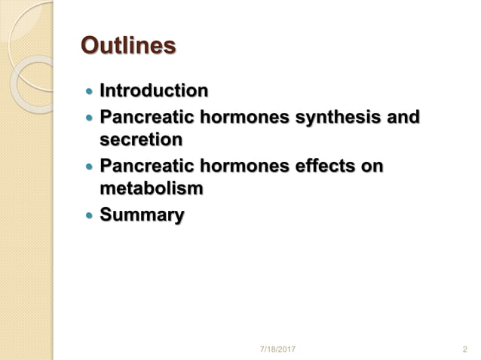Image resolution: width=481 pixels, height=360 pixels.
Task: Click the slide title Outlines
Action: click(128, 46)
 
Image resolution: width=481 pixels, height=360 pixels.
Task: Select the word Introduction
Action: click(154, 91)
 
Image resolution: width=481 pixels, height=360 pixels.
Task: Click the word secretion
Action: click(141, 139)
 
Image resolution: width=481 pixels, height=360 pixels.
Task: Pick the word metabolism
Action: click(152, 188)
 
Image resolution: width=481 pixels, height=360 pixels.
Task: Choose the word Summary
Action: click(142, 215)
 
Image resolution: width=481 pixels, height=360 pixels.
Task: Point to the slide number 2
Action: click(464, 349)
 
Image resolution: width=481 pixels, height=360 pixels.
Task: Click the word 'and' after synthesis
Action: click(403, 117)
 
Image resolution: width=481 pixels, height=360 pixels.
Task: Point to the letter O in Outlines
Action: click(90, 46)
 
